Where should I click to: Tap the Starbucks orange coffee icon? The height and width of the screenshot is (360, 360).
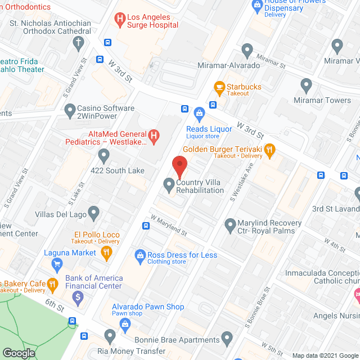(x=219, y=87)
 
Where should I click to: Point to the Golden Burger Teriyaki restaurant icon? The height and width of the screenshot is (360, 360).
(x=269, y=150)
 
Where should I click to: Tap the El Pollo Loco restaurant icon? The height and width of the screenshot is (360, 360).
(x=106, y=254)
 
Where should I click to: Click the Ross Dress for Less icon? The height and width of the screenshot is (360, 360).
(x=140, y=256)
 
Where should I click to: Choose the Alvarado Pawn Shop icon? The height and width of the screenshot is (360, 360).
(x=124, y=323)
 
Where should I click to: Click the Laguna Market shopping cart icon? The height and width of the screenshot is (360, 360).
(x=56, y=263)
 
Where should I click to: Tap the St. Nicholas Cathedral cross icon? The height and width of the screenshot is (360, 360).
(x=78, y=43)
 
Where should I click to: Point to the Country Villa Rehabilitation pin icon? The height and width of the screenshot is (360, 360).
(x=168, y=184)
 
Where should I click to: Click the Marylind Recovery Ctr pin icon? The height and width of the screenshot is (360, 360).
(x=229, y=226)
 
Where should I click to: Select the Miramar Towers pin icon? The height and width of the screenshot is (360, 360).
(x=306, y=86)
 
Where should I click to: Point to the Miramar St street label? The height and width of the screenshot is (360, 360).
(x=270, y=58)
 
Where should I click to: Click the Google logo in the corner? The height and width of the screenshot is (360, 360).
(x=18, y=353)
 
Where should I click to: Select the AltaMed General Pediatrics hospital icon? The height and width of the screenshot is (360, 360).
(x=152, y=135)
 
